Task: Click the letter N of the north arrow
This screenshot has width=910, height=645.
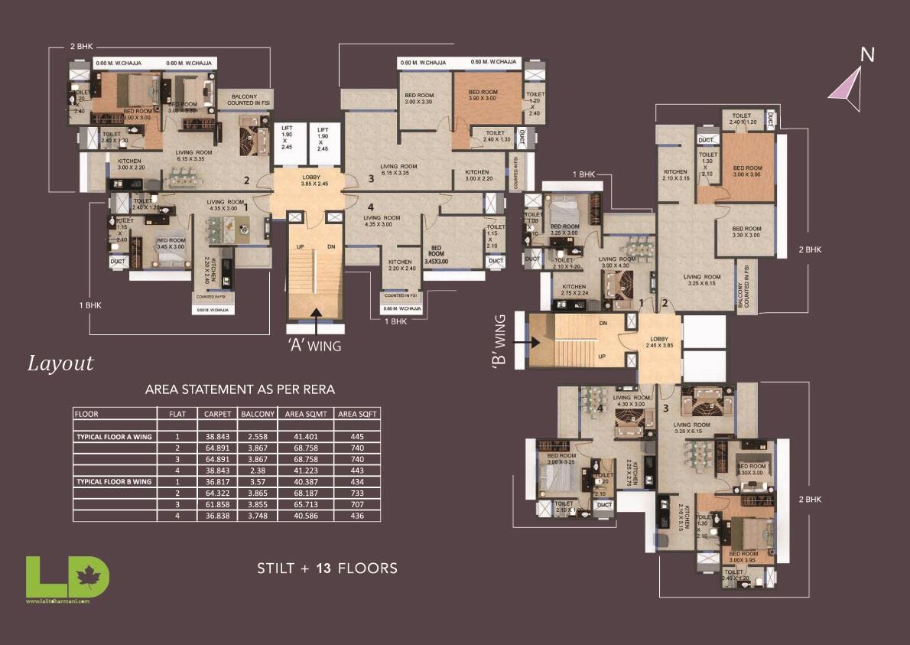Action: point(867,54)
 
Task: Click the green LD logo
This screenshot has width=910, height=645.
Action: point(67,577)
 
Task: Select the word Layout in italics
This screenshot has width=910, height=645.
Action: point(60,363)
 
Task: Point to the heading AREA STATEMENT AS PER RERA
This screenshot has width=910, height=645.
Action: point(240,389)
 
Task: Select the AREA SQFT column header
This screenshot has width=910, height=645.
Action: point(357,414)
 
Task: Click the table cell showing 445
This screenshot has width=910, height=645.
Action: point(357,436)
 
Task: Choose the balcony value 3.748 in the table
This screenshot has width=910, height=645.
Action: point(252,516)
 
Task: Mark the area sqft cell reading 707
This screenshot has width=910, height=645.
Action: point(357,505)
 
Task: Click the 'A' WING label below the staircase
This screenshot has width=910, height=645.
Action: point(314,346)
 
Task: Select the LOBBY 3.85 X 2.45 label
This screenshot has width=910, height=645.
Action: point(314,181)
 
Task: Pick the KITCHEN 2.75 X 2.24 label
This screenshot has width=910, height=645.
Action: point(574,289)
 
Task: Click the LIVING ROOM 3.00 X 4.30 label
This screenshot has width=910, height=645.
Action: point(617,262)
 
